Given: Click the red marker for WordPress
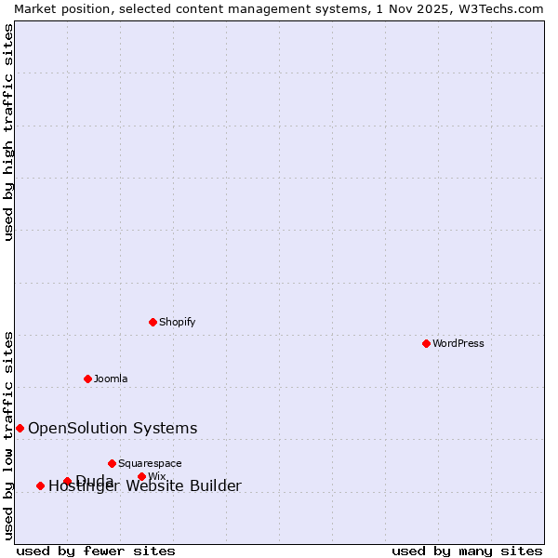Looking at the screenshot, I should [426, 343].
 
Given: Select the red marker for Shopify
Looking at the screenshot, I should [153, 322].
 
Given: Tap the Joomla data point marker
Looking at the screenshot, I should [87, 379].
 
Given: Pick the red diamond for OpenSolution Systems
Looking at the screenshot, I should [20, 428].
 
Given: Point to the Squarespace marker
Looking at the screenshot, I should [112, 463].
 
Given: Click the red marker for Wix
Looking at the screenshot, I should [141, 476].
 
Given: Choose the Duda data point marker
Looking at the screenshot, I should [67, 481].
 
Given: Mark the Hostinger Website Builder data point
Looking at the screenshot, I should [40, 485].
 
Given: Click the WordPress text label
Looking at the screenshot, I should [458, 343].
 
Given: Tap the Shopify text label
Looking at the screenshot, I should [177, 322].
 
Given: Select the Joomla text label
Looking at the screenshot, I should [111, 379].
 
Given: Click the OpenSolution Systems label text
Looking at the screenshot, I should [113, 428].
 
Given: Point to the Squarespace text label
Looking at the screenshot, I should [150, 463].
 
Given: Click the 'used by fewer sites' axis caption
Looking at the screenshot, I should [96, 551].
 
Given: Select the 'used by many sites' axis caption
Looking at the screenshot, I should [467, 551].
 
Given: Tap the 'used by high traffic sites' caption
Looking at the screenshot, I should [8, 132].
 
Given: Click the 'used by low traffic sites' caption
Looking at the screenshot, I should [8, 435].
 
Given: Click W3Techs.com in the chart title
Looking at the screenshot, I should [501, 8].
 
